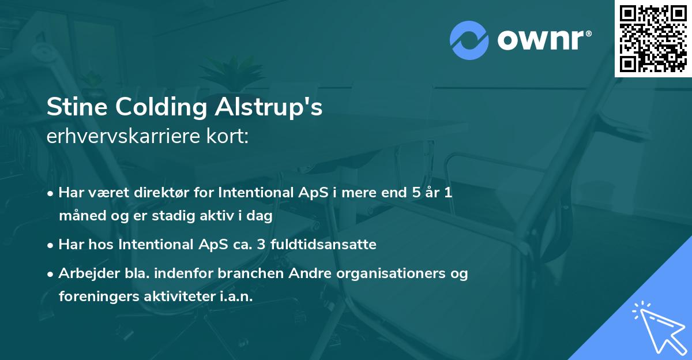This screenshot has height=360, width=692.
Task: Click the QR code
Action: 653,39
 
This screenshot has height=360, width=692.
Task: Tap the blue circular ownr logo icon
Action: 469,40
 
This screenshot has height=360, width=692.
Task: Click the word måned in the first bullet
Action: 79,216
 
